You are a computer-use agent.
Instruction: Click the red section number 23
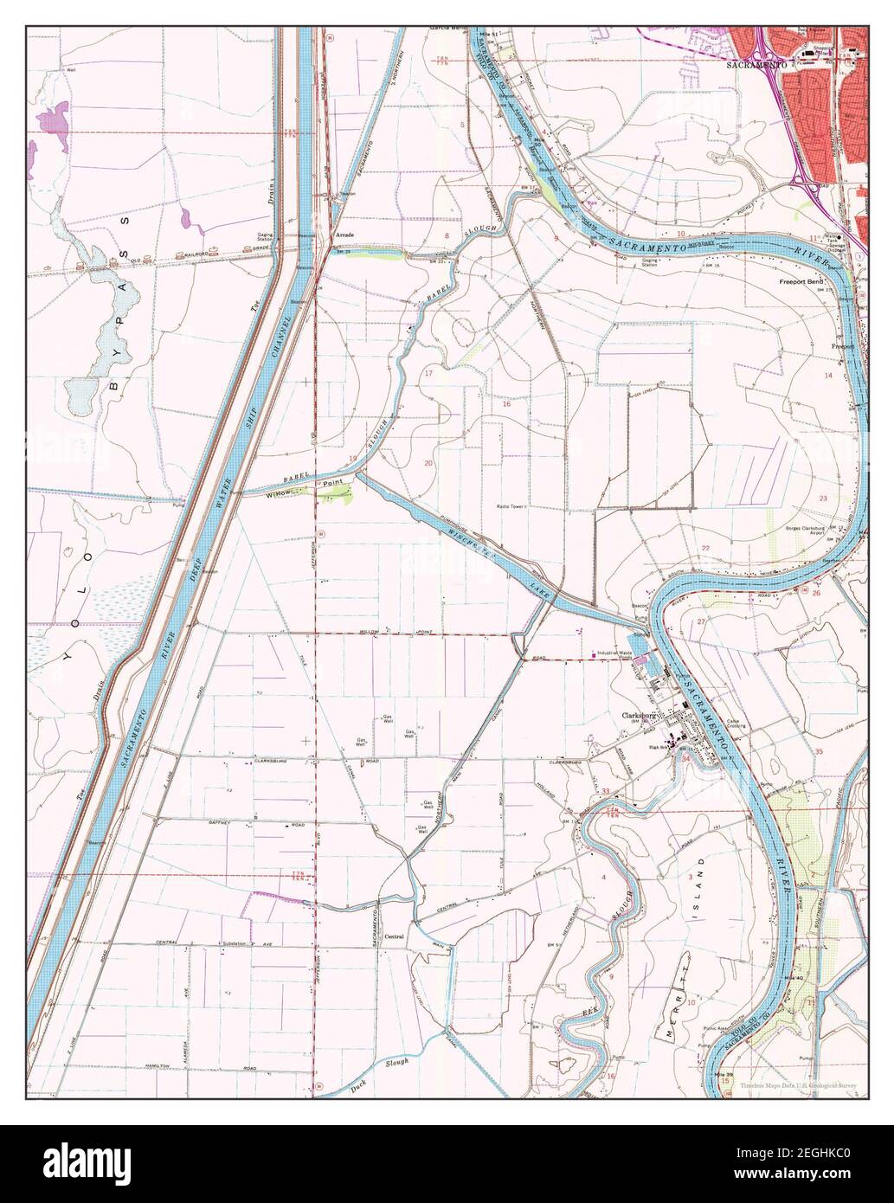tap(823, 499)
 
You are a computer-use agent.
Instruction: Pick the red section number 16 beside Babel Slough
tap(506, 404)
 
